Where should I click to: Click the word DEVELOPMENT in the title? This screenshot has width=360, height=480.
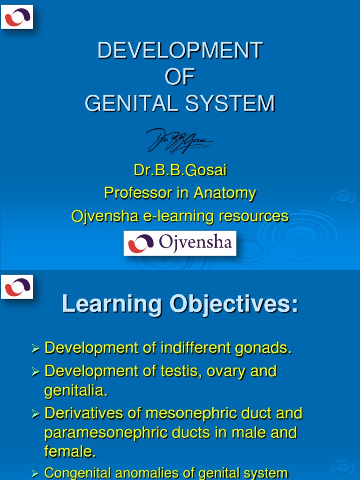[x=180, y=51]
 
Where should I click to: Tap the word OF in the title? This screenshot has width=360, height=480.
[x=180, y=77]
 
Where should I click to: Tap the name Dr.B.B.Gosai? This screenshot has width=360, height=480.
[x=180, y=170]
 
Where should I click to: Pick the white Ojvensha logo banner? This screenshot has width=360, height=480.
[x=180, y=243]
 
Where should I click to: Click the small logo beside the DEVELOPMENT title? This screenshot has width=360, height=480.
[x=17, y=17]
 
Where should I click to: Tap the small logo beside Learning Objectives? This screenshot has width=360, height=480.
[x=17, y=286]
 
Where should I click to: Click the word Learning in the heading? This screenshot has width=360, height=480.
[x=112, y=304]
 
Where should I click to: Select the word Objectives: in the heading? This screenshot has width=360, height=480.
[x=234, y=304]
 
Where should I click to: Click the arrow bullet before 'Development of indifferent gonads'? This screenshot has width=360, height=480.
[x=36, y=348]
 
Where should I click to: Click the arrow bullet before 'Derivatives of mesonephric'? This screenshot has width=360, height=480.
[x=36, y=414]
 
